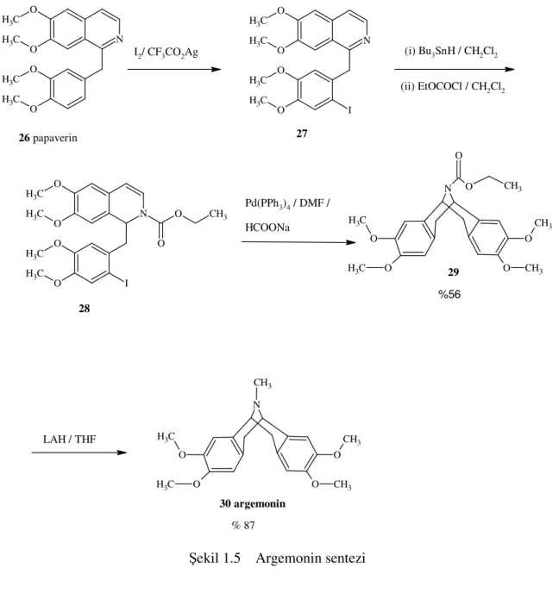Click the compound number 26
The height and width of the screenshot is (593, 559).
(24, 138)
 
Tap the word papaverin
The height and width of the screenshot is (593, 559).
(55, 139)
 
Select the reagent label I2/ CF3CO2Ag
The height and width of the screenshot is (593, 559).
(166, 53)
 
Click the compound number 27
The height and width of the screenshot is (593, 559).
(302, 134)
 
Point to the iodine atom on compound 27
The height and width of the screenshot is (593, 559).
(349, 110)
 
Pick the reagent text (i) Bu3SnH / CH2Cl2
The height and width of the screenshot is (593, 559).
(451, 52)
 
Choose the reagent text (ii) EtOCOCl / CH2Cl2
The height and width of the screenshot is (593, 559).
(453, 87)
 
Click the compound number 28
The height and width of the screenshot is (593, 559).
(84, 309)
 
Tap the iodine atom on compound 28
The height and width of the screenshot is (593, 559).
(127, 283)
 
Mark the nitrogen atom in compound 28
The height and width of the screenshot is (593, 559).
(143, 214)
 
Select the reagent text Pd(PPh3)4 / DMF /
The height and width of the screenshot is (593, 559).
(287, 203)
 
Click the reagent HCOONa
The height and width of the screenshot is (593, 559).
(267, 228)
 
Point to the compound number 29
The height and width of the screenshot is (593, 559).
(453, 272)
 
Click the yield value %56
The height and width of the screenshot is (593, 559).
(449, 294)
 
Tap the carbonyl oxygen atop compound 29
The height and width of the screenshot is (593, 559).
(459, 156)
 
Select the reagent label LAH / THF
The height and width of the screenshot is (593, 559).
(69, 439)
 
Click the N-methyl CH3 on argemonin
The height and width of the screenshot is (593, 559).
(262, 384)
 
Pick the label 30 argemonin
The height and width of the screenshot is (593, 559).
(253, 503)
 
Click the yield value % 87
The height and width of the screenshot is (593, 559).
(243, 525)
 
